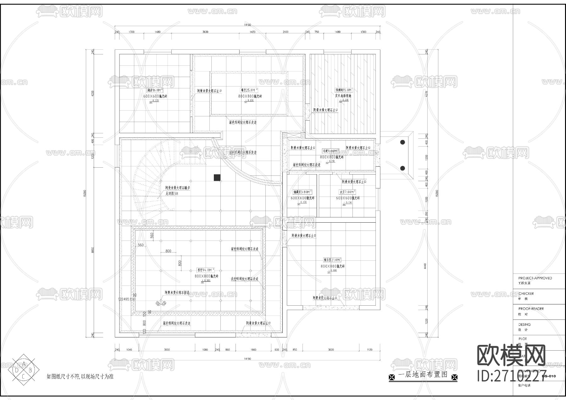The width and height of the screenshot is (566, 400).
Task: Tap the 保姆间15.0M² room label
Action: (x=343, y=90)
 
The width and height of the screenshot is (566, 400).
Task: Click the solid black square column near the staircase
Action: (x=217, y=178)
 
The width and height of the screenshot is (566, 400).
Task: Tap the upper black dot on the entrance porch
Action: (x=402, y=142)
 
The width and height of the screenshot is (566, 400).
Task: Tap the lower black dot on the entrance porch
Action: (x=402, y=168)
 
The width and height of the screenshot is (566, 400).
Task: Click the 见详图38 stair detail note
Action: (x=172, y=194)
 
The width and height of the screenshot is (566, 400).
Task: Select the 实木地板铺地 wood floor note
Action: (x=343, y=96)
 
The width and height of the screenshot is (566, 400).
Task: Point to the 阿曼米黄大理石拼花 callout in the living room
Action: (x=177, y=292)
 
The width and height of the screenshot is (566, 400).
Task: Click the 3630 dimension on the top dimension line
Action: (x=205, y=32)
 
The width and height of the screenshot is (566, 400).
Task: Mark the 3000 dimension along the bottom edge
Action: (x=167, y=350)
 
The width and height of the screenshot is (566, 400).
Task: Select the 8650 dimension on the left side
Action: (x=93, y=250)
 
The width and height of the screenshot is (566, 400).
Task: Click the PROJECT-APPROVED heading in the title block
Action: (x=535, y=278)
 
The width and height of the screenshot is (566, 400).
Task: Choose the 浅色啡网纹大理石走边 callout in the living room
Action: (x=245, y=279)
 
